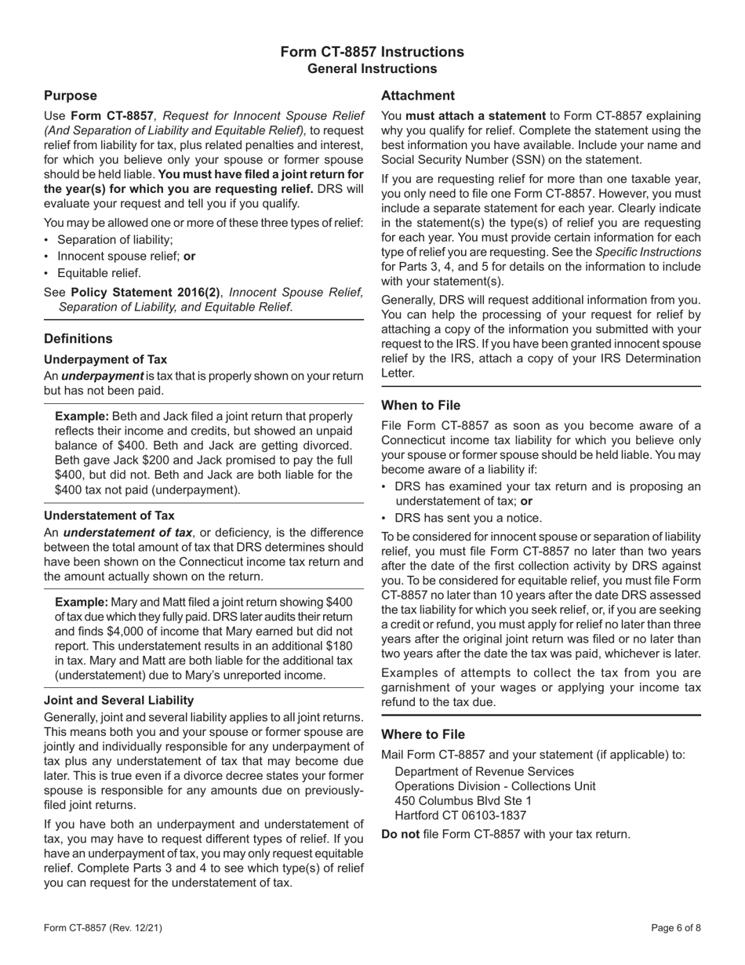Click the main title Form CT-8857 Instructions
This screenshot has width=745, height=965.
pos(372,52)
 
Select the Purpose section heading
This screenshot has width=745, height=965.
pos(70,96)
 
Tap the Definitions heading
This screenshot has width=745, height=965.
pos(78,339)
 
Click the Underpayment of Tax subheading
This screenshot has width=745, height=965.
pos(105,359)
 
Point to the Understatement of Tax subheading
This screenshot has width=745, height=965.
pos(109,515)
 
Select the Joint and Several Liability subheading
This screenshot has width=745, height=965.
pos(118,700)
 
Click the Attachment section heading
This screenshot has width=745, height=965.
pos(417,96)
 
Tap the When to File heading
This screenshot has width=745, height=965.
pos(420,406)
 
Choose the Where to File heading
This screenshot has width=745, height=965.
pos(423,734)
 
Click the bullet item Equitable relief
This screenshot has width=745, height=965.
pos(99,273)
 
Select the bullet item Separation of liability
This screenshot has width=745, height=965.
pos(115,240)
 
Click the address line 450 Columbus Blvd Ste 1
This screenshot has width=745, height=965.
pos(463,800)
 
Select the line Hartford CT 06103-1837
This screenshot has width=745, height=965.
pos(460,815)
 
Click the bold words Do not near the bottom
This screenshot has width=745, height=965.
pos(400,834)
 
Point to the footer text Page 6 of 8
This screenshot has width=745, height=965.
pos(676,928)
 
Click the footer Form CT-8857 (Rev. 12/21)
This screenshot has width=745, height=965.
pos(104,928)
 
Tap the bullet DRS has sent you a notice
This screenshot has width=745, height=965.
pos(468,518)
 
